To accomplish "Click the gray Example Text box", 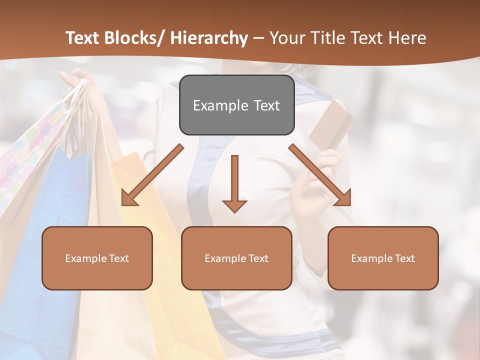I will pos(236,105).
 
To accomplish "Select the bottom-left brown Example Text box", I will pos(97,258).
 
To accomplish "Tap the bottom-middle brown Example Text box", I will pos(236,258).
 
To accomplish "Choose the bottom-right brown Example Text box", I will pos(383,258).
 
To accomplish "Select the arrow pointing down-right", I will pos(320,175).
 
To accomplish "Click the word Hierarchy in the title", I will pos(208,38).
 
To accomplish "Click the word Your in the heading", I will pos(287,38).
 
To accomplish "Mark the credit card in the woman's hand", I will pos(330,123).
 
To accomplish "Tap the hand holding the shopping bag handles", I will pos(75,82).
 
